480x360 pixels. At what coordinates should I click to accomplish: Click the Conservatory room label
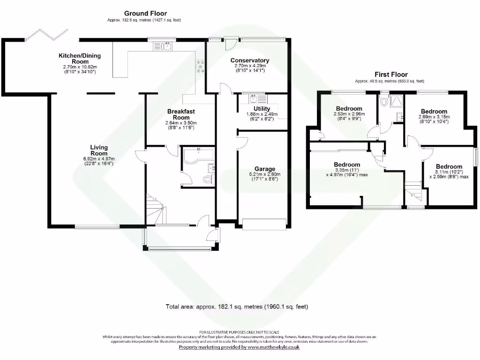tap(250, 60)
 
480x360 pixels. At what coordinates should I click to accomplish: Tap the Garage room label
tap(265, 169)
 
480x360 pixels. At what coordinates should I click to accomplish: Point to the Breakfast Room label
tap(181, 114)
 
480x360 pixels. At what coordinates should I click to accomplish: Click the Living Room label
tap(99, 150)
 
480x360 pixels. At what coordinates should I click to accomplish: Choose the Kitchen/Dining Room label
tap(80, 59)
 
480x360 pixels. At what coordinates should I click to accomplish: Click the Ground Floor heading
tap(145, 14)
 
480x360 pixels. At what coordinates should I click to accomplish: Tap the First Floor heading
tap(391, 75)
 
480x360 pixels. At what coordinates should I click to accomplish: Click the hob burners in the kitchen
tap(200, 66)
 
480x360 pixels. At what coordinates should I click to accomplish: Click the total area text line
tap(237, 307)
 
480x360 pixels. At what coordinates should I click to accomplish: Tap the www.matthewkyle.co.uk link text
tap(273, 347)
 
